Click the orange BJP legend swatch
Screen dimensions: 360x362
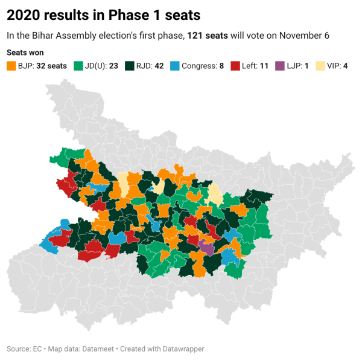pyautogui.click(x=11, y=65)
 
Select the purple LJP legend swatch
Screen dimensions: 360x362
pyautogui.click(x=280, y=65)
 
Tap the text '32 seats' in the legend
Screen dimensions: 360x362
pyautogui.click(x=52, y=65)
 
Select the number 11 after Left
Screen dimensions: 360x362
pyautogui.click(x=264, y=65)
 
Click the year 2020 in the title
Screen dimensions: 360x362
pyautogui.click(x=23, y=13)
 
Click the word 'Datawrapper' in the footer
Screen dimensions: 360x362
pyautogui.click(x=183, y=349)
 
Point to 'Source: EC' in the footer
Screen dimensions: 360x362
pyautogui.click(x=24, y=349)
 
